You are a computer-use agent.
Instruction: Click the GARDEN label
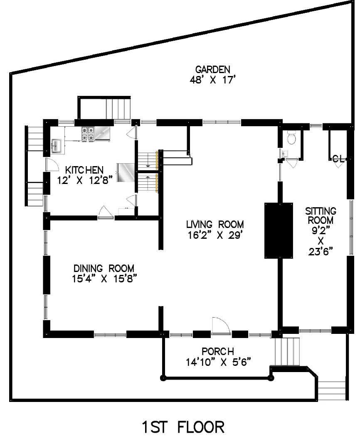(212, 69)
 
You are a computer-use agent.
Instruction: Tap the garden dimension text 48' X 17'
(212, 80)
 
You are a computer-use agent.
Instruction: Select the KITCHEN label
(84, 170)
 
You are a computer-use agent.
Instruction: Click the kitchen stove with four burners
(88, 134)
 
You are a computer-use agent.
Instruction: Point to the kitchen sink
(57, 146)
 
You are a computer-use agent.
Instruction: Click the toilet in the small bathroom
(291, 137)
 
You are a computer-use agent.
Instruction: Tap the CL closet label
(338, 159)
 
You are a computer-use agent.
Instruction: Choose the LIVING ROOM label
(215, 224)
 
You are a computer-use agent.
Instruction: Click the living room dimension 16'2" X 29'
(215, 235)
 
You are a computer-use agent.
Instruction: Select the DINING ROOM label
(104, 268)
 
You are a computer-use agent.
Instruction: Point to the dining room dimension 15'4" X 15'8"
(104, 279)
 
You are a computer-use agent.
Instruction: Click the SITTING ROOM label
(321, 216)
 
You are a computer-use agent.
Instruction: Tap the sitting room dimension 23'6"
(321, 251)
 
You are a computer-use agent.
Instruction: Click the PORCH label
(217, 351)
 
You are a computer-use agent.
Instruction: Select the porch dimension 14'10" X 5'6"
(218, 362)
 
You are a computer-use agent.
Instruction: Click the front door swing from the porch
(221, 326)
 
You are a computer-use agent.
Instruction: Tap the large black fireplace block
(279, 230)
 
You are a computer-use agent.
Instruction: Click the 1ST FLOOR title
(183, 427)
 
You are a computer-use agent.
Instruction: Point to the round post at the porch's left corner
(163, 378)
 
